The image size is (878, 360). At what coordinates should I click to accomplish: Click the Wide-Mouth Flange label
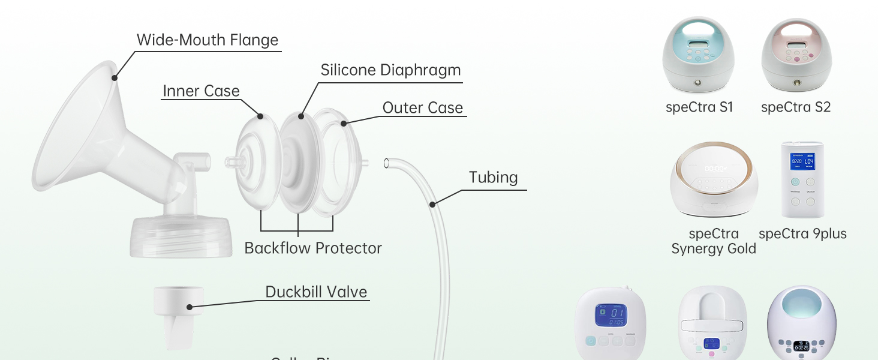click(208, 40)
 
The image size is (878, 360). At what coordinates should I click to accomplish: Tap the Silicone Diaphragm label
click(390, 70)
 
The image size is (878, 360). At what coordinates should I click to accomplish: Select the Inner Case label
click(201, 91)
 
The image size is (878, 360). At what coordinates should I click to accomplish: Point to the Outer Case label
click(423, 108)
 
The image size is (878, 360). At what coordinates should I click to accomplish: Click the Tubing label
click(493, 178)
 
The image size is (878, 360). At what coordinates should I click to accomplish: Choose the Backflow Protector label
click(312, 248)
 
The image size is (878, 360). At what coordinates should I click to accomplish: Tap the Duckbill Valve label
click(316, 292)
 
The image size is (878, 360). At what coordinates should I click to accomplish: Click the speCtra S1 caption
click(699, 107)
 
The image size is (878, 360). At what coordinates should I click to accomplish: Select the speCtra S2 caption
click(796, 107)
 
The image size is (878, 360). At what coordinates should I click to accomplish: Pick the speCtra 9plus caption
click(802, 234)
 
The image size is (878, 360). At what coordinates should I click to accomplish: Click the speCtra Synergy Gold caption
click(714, 241)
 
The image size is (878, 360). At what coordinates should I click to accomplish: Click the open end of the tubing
click(387, 162)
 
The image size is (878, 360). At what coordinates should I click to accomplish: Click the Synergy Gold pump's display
click(714, 169)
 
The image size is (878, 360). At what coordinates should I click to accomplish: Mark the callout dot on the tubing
click(432, 205)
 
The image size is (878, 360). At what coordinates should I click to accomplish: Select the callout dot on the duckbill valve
click(190, 307)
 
